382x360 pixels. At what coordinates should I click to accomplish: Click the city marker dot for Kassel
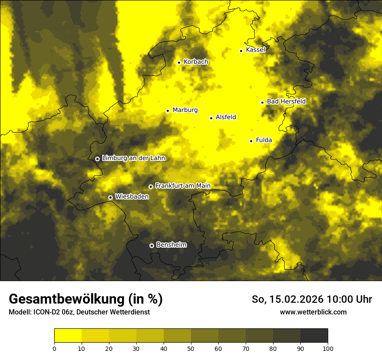(241, 51)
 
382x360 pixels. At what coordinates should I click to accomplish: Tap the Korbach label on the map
(196, 62)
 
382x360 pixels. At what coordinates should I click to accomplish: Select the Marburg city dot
(168, 111)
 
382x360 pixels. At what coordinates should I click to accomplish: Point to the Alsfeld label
(226, 117)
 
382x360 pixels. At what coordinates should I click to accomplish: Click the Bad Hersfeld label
(286, 101)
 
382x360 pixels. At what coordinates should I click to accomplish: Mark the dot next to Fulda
(251, 141)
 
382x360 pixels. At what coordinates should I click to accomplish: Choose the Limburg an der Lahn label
(133, 158)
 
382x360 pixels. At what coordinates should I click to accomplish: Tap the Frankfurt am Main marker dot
(151, 187)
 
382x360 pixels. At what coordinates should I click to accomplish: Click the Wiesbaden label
(132, 196)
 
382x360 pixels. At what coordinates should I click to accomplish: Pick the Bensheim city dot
(151, 245)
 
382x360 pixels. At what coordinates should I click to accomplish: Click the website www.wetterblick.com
(313, 312)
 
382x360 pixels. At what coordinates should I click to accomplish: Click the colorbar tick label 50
(191, 348)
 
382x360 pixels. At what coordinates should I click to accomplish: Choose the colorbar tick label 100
(328, 348)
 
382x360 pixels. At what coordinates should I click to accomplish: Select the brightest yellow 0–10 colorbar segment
(68, 336)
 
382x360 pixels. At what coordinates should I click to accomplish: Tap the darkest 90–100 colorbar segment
(314, 336)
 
